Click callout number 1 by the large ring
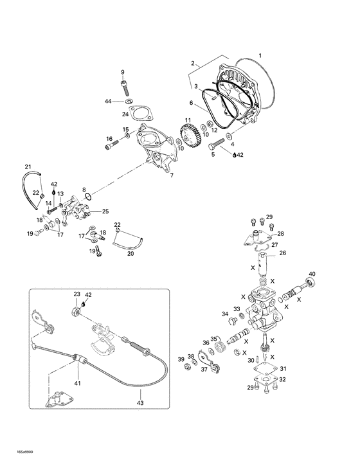pos(260,55)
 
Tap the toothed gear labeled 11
pos(191,136)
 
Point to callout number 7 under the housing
pos(170,175)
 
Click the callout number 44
pos(109,102)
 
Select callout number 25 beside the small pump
pos(105,211)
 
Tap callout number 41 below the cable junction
pos(78,383)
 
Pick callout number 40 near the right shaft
pos(312,276)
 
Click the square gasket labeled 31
pos(260,369)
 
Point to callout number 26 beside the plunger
pos(282,253)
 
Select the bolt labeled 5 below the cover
pos(215,145)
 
